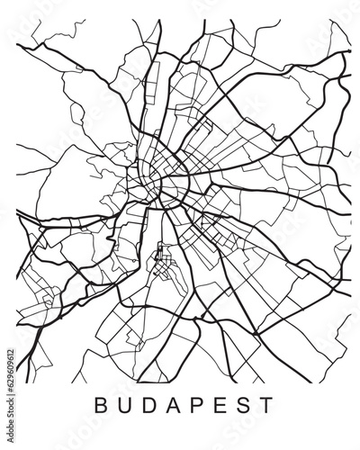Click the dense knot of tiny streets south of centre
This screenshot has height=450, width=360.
[162, 264]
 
